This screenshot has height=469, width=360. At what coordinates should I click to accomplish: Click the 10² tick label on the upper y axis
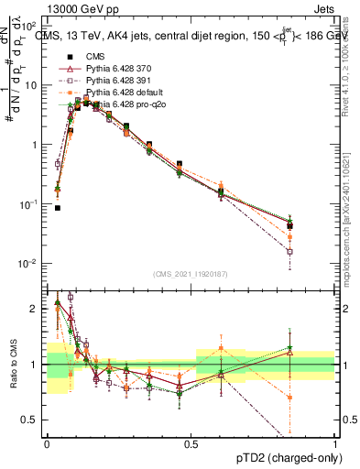[31, 26]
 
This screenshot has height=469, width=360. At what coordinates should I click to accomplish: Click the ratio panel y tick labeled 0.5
[33, 420]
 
